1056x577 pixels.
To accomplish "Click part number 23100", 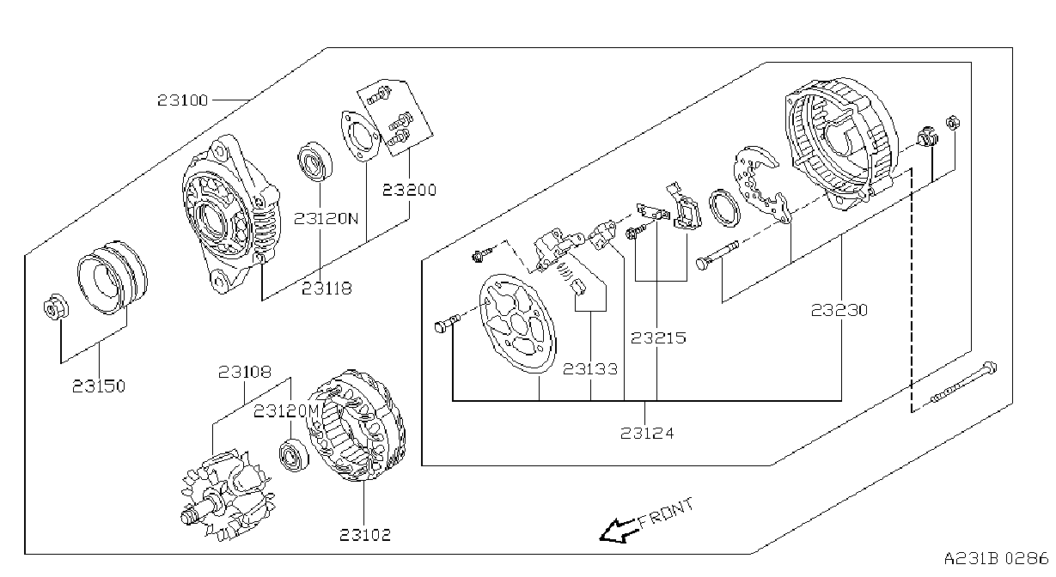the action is point(182,100).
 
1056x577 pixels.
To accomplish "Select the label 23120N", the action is point(327,219).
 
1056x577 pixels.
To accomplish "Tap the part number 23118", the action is point(327,288).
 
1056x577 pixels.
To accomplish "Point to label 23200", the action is point(409,191).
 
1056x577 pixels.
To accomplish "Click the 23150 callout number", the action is point(99,386).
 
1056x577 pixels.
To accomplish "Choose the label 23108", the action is point(245,372).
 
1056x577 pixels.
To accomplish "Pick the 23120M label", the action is point(287,411).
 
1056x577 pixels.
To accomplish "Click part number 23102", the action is point(365,535).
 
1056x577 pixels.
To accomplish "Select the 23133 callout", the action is point(590,369).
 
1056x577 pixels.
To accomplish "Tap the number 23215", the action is point(658,337).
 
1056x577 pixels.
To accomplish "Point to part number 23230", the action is point(839,310).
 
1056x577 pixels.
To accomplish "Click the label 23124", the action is point(647,433).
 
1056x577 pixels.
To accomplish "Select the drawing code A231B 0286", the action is point(996,558).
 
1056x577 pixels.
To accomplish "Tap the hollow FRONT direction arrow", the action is point(618,531).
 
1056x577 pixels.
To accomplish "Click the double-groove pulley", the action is point(113,277).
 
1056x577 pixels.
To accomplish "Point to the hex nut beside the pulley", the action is point(56,308).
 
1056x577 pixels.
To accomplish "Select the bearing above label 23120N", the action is point(315,161).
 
